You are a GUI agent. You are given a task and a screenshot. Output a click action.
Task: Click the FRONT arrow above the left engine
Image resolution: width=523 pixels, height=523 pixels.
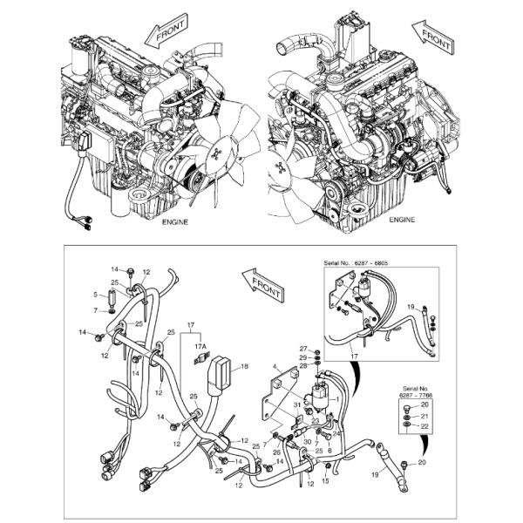[x=166, y=31]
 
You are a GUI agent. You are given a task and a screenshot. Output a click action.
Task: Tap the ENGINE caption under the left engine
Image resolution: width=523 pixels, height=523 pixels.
[x=177, y=222]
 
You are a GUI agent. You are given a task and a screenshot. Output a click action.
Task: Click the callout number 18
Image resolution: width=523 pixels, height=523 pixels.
[x=245, y=367]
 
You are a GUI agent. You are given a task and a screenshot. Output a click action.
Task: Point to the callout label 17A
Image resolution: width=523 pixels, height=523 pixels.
[x=199, y=346]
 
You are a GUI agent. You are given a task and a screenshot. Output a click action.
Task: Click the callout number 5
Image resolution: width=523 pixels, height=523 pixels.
[x=96, y=295]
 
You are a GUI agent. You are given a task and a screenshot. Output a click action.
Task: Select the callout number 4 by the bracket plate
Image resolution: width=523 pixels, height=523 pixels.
[x=275, y=368]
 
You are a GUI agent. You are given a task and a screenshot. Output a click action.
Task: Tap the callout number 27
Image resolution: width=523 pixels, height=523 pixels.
[x=303, y=349]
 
